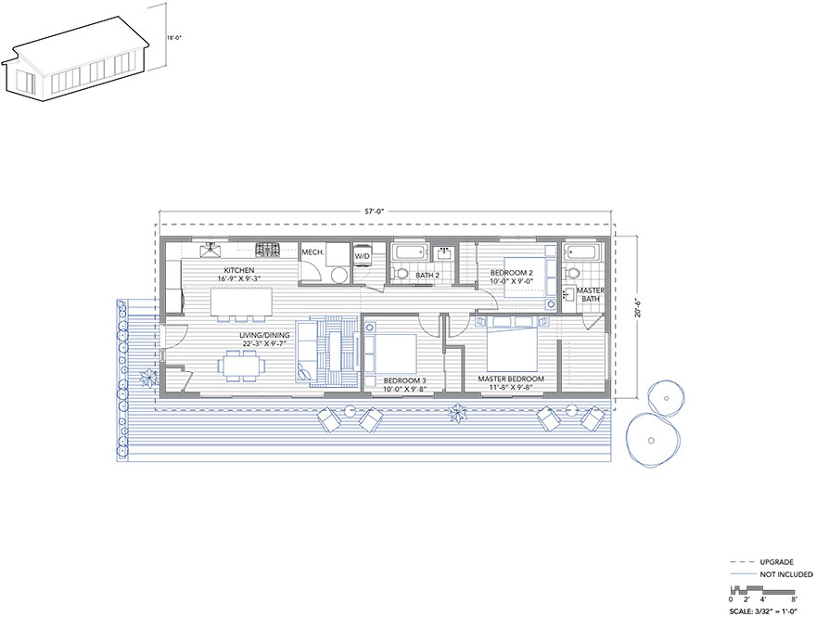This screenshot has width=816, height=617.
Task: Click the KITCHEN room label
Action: (239, 270)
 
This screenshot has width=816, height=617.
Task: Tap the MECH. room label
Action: (312, 252)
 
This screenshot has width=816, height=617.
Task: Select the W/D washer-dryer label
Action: (362, 256)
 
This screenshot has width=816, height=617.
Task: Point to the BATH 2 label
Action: (427, 276)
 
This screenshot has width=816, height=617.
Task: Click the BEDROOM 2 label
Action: (512, 273)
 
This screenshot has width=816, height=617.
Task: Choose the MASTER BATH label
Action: (591, 295)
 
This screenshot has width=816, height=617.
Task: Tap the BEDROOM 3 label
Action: (405, 381)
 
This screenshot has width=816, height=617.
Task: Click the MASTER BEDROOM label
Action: (511, 379)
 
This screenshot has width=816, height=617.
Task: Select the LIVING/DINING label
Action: (264, 335)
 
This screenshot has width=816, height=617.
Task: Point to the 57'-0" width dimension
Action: (374, 212)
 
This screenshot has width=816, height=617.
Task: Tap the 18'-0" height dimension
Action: (174, 38)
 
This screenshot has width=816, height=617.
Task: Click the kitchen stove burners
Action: (267, 250)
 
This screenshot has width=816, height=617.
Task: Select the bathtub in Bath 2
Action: (410, 253)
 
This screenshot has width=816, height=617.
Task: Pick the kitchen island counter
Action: (241, 302)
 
